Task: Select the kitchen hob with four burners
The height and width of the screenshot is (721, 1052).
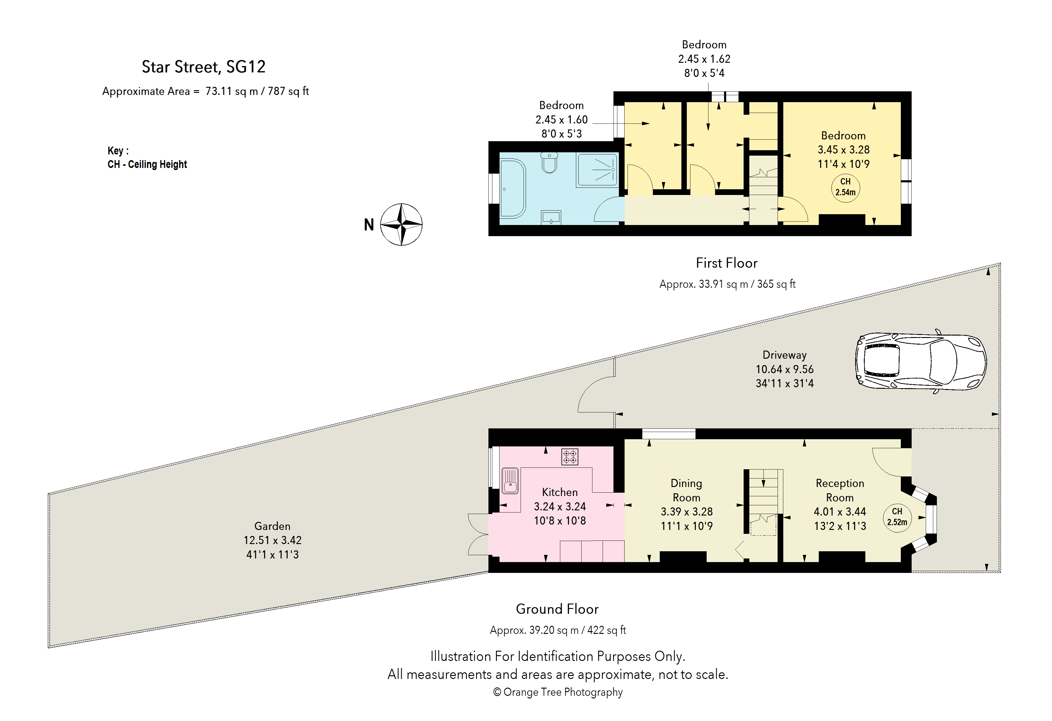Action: tap(570, 457)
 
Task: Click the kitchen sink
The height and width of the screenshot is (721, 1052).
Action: tap(510, 481)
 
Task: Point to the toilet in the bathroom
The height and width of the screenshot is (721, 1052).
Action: tap(549, 163)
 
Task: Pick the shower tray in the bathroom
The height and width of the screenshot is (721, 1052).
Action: tap(597, 170)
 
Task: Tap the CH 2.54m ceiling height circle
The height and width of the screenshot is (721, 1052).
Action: tap(845, 187)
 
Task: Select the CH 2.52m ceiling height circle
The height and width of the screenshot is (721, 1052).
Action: tap(897, 517)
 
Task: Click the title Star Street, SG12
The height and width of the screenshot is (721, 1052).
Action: tap(204, 67)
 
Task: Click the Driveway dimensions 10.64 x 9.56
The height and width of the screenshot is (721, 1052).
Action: tap(784, 369)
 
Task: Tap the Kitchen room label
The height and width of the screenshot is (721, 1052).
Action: tap(560, 492)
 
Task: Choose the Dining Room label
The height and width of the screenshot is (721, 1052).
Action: tap(686, 490)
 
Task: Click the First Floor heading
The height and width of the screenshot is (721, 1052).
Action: tap(726, 263)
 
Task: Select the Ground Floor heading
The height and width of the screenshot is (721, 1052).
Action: tap(557, 609)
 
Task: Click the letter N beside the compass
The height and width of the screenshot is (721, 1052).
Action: tap(369, 225)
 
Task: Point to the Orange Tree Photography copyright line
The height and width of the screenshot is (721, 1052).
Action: tap(558, 692)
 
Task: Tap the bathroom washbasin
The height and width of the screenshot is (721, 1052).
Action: tap(551, 218)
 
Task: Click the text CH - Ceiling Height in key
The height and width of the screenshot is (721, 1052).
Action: tap(147, 164)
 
